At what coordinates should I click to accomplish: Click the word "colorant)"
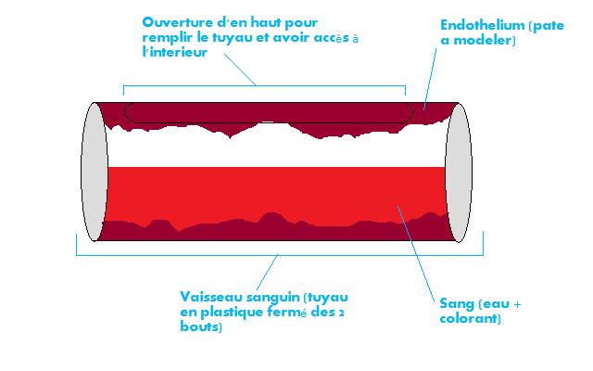point(470,318)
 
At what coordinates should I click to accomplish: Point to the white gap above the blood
point(278,152)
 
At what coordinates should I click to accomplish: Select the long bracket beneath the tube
point(278,254)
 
